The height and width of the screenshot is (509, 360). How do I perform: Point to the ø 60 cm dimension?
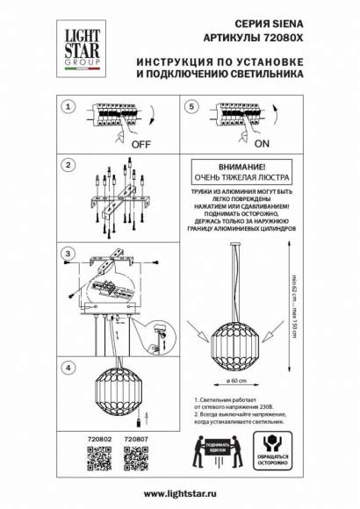click(x=235, y=382)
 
